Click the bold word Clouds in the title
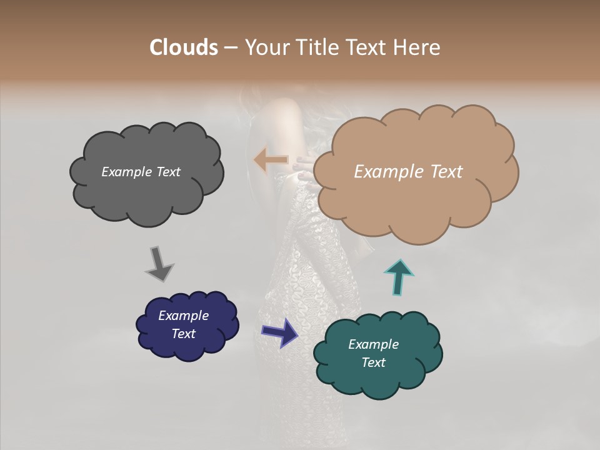[x=183, y=47]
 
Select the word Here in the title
[x=417, y=47]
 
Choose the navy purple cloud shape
[x=187, y=347]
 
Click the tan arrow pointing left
[x=271, y=161]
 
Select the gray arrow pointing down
[x=159, y=264]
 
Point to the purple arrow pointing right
[x=279, y=332]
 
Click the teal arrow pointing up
[x=399, y=276]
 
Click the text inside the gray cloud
[x=141, y=172]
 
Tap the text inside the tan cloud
[x=408, y=172]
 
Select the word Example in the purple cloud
[x=183, y=316]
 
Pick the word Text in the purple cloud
[x=184, y=334]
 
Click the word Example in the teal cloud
[x=373, y=344]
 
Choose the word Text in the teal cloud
[x=373, y=362]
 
